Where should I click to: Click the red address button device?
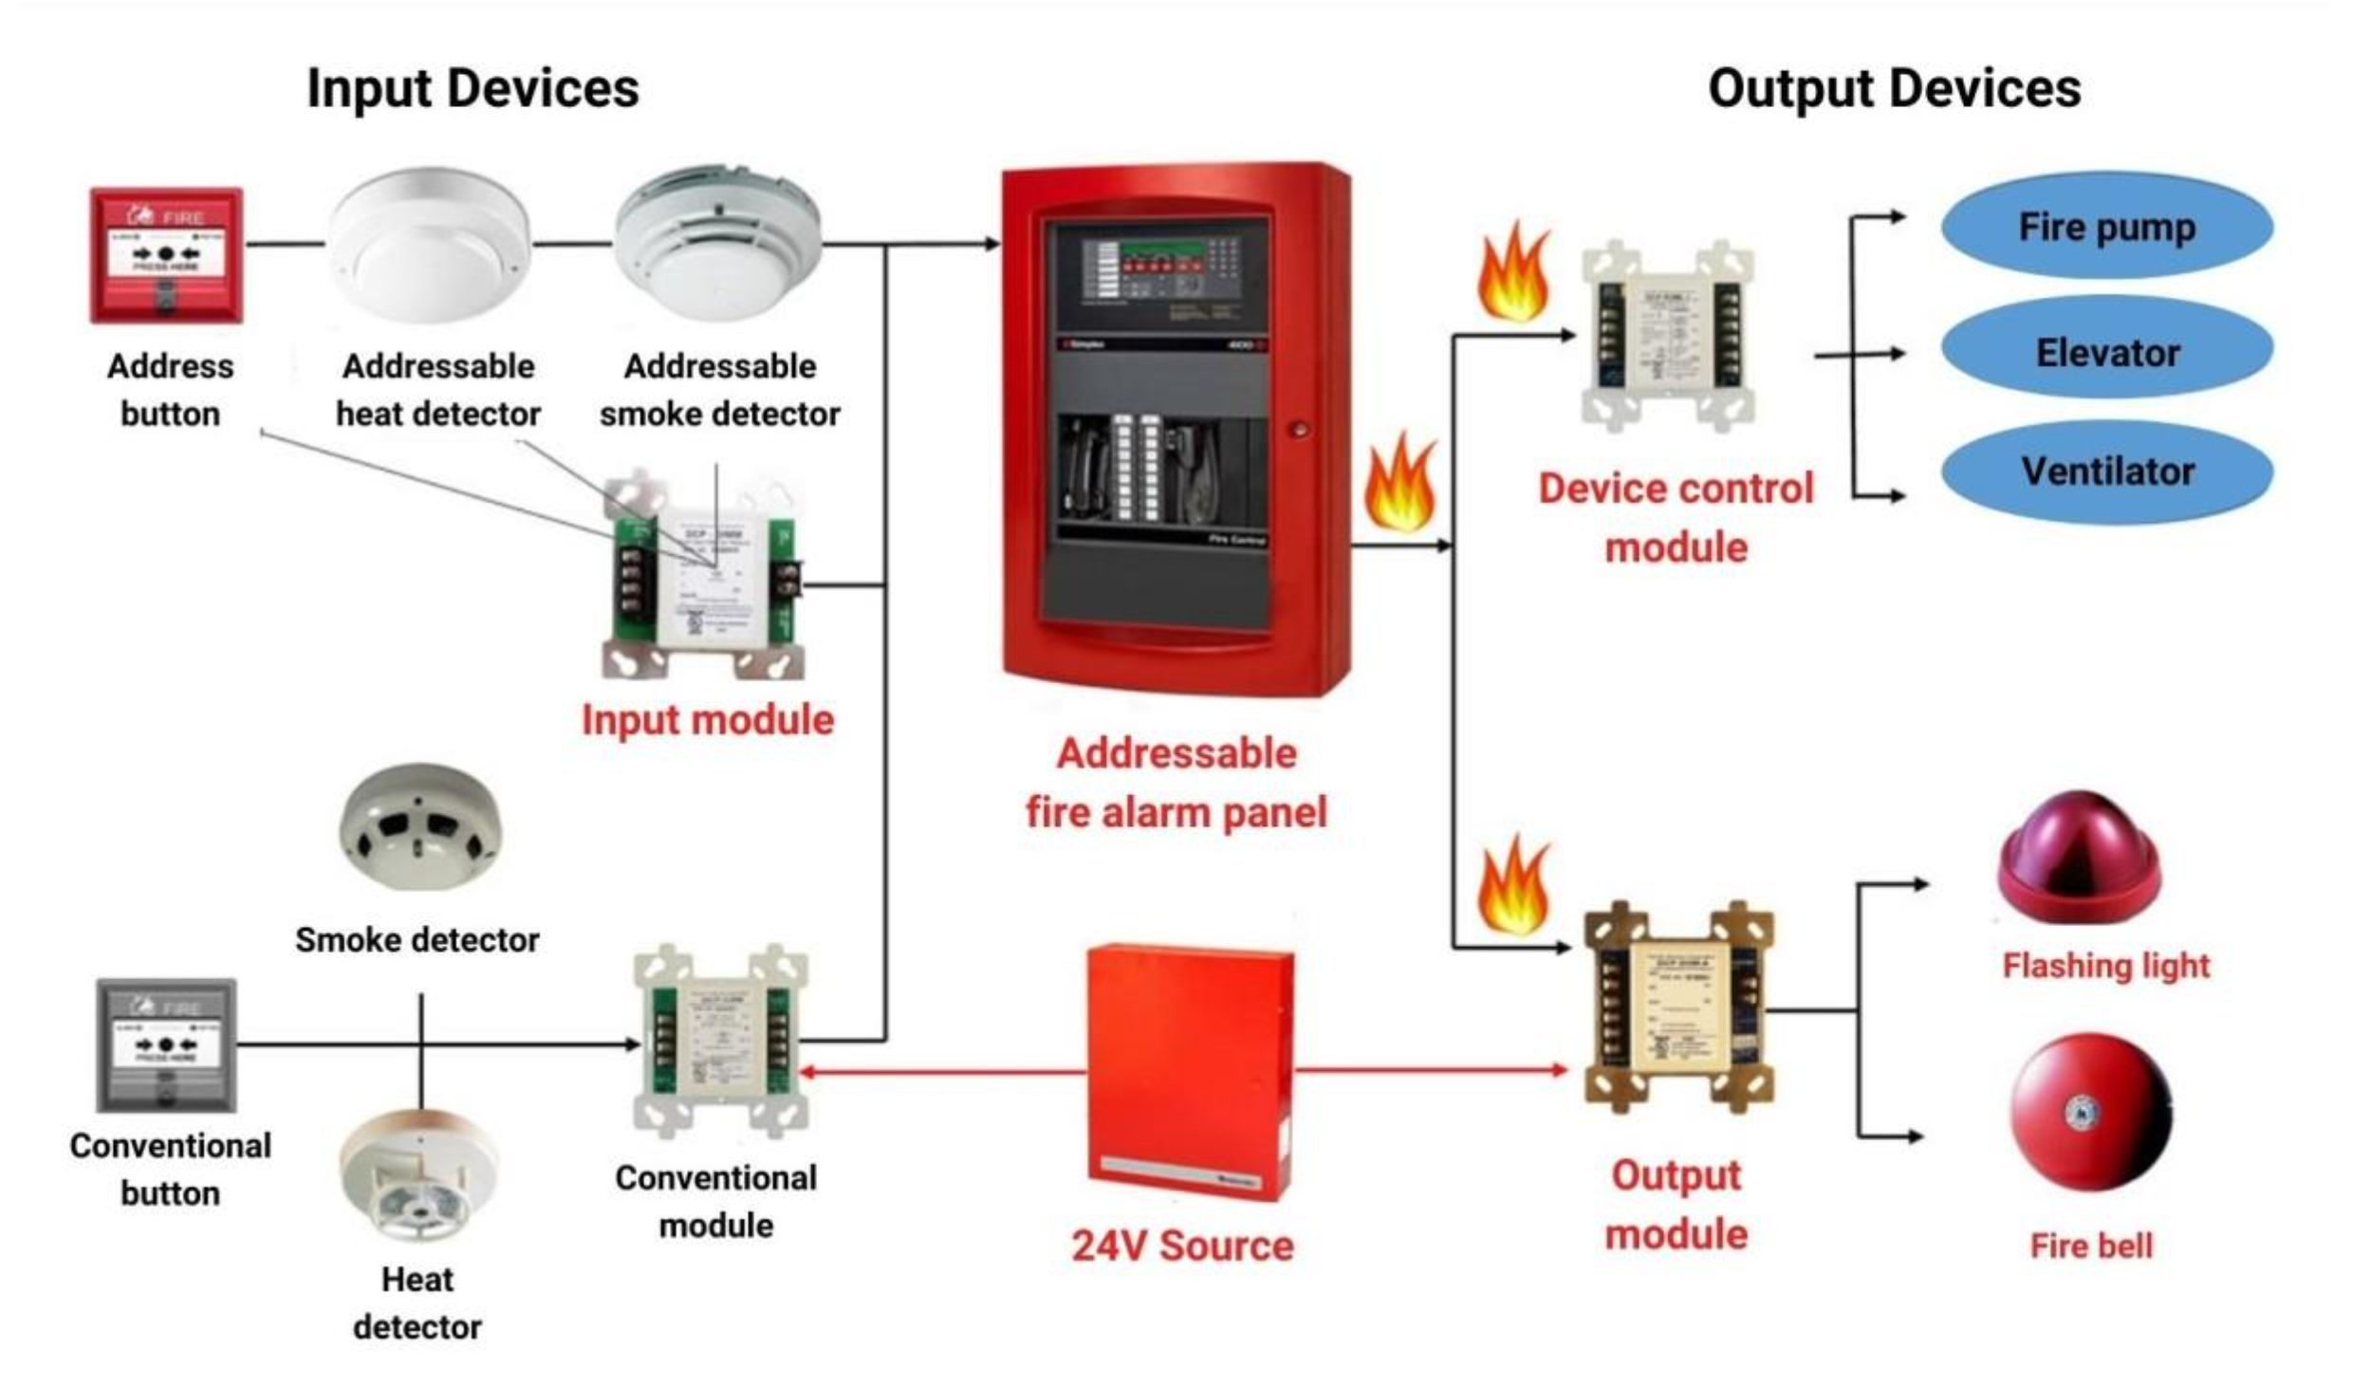tap(166, 254)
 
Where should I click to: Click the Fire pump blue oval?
tap(2106, 227)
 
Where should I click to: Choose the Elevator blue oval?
tap(2106, 352)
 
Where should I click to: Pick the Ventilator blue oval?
tap(2106, 471)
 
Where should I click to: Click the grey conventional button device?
tap(166, 1044)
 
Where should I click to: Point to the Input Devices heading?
tap(472, 88)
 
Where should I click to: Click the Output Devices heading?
tap(1894, 88)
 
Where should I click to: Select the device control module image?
tap(1668, 337)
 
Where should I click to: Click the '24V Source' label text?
tap(1182, 1246)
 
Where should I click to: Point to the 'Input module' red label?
tap(708, 719)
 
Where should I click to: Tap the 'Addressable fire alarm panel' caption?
tap(1176, 783)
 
